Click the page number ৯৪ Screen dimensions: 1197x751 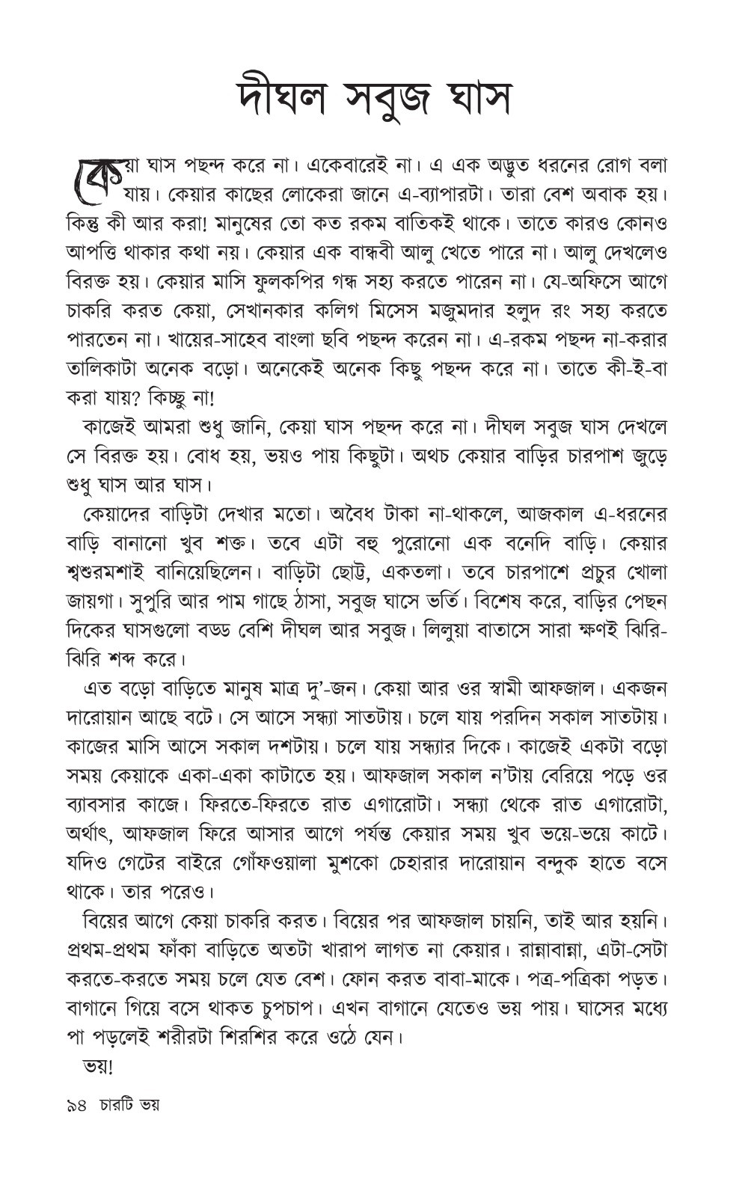(x=76, y=1103)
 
